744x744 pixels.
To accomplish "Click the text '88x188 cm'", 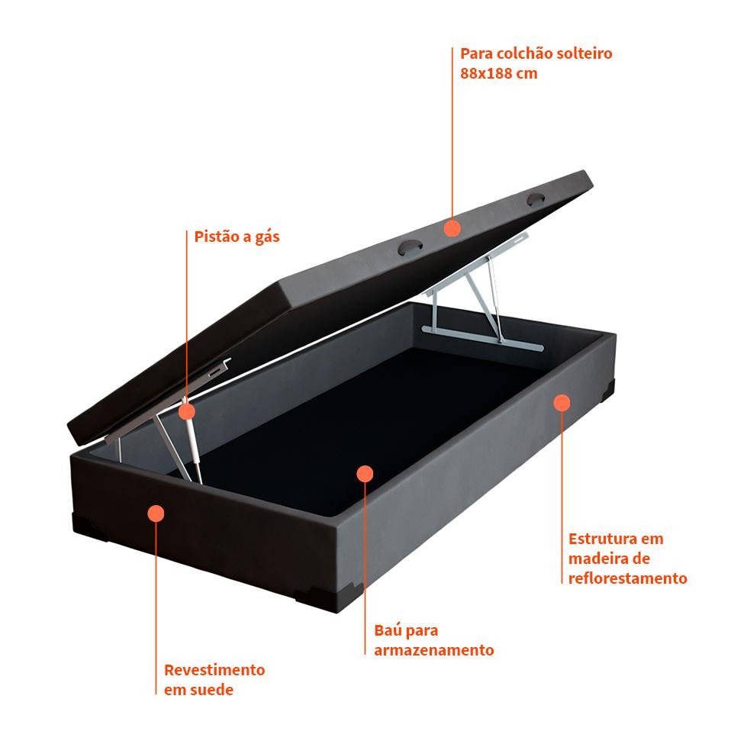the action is pyautogui.click(x=499, y=73).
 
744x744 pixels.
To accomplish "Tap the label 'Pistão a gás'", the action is pyautogui.click(x=237, y=237).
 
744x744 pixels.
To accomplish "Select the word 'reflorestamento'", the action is pyautogui.click(x=628, y=578).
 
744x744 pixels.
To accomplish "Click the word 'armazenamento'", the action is pyautogui.click(x=434, y=649).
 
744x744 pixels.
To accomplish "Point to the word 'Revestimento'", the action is pyautogui.click(x=214, y=670).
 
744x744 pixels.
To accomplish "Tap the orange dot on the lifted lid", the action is pyautogui.click(x=453, y=228).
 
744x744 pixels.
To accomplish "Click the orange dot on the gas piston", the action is pyautogui.click(x=187, y=411).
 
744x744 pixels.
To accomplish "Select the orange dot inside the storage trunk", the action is pyautogui.click(x=365, y=474).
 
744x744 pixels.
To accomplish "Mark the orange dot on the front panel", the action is pyautogui.click(x=156, y=514).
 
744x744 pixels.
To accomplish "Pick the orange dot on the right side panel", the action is pyautogui.click(x=562, y=403).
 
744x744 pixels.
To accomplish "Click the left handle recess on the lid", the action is pyautogui.click(x=410, y=248).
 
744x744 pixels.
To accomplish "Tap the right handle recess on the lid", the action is pyautogui.click(x=536, y=199).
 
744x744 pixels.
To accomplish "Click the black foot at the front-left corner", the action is pyautogui.click(x=90, y=527).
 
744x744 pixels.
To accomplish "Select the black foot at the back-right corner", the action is pyautogui.click(x=607, y=390).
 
